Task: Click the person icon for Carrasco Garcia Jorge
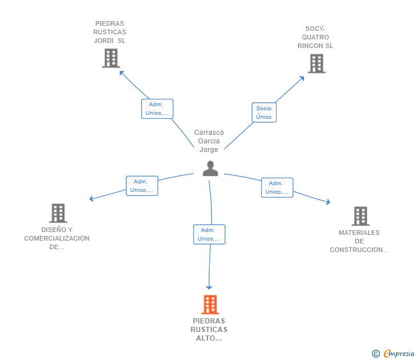pyautogui.click(x=210, y=169)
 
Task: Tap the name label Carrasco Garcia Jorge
pyautogui.click(x=209, y=141)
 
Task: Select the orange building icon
pyautogui.click(x=210, y=305)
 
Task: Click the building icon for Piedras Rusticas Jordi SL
pyautogui.click(x=110, y=58)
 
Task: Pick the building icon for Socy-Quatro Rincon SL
pyautogui.click(x=316, y=63)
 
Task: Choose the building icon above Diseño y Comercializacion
pyautogui.click(x=58, y=213)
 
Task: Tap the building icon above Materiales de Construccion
pyautogui.click(x=360, y=216)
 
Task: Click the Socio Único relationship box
pyautogui.click(x=264, y=113)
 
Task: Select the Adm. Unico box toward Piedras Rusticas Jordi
pyautogui.click(x=157, y=109)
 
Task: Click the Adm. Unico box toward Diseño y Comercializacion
pyautogui.click(x=142, y=186)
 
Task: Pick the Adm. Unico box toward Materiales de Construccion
pyautogui.click(x=277, y=187)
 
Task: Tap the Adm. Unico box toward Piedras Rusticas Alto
pyautogui.click(x=209, y=234)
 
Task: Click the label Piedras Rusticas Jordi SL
pyautogui.click(x=110, y=32)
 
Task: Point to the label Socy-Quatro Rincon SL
pyautogui.click(x=315, y=37)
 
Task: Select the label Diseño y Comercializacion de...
pyautogui.click(x=57, y=238)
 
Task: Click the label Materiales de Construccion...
pyautogui.click(x=359, y=241)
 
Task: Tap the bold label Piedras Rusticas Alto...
pyautogui.click(x=209, y=330)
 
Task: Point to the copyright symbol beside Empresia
pyautogui.click(x=375, y=354)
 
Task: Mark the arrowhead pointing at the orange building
pyautogui.click(x=209, y=287)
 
